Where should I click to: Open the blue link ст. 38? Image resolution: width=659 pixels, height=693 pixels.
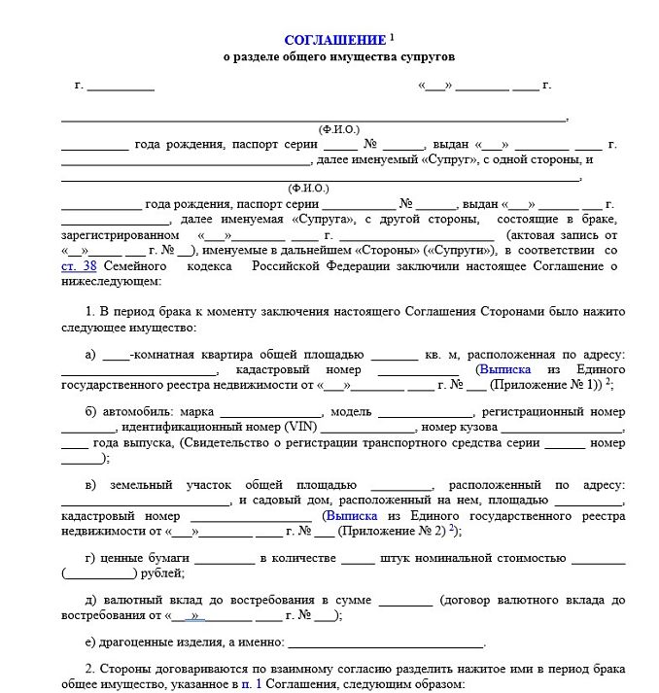tap(79, 265)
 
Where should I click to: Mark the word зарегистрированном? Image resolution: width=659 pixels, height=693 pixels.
tap(120, 235)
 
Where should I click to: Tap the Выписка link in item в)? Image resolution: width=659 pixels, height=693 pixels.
tap(356, 516)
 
